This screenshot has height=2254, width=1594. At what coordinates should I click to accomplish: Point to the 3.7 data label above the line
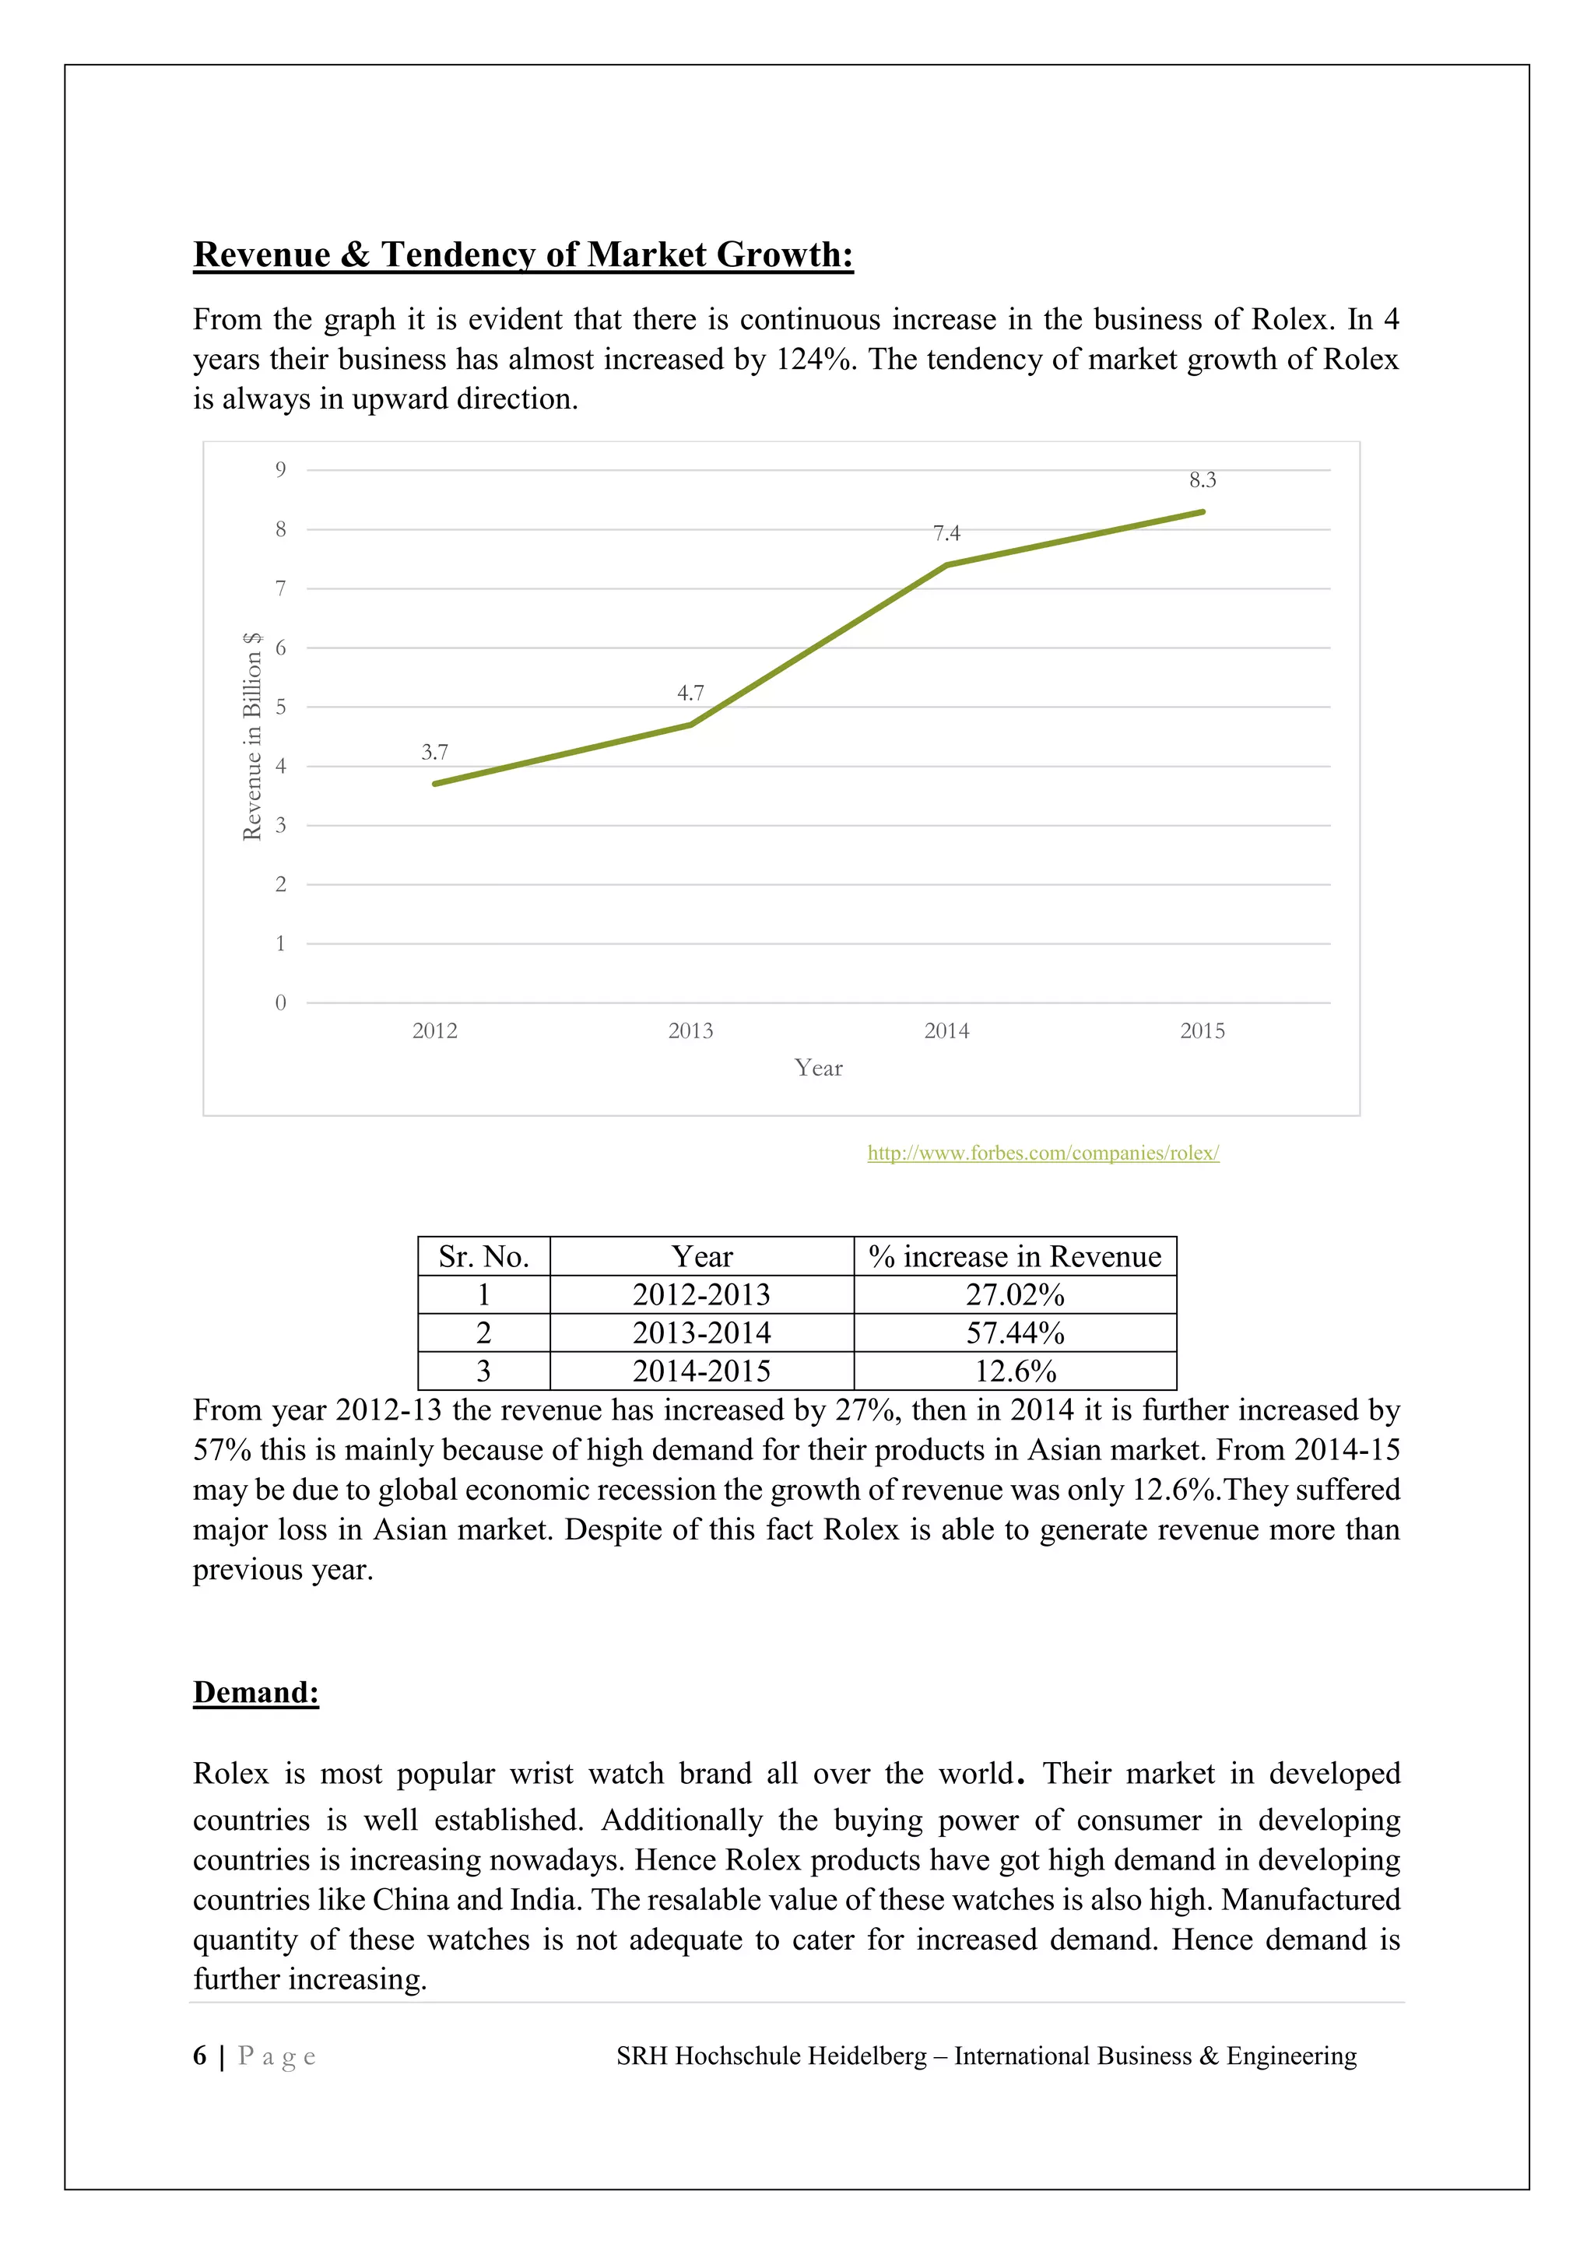click(435, 752)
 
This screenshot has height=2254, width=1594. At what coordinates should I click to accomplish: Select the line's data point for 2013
click(691, 725)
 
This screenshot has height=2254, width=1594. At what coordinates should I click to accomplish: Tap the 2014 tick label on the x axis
click(946, 1030)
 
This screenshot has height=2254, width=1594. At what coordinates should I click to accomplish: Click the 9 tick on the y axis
click(281, 470)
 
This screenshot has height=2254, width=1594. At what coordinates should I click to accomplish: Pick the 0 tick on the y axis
click(281, 1002)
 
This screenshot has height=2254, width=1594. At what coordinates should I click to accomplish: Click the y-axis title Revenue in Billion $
click(252, 736)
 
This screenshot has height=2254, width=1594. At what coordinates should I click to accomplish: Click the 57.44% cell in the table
click(1015, 1333)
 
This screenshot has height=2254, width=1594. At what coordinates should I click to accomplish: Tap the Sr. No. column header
click(484, 1256)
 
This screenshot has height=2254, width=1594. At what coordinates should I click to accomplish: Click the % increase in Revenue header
click(1015, 1256)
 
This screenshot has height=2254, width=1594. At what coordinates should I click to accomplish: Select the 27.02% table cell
click(1015, 1295)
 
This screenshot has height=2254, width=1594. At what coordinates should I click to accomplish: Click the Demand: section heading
click(255, 1693)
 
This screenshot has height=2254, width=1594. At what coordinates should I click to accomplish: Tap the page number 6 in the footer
click(200, 2056)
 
